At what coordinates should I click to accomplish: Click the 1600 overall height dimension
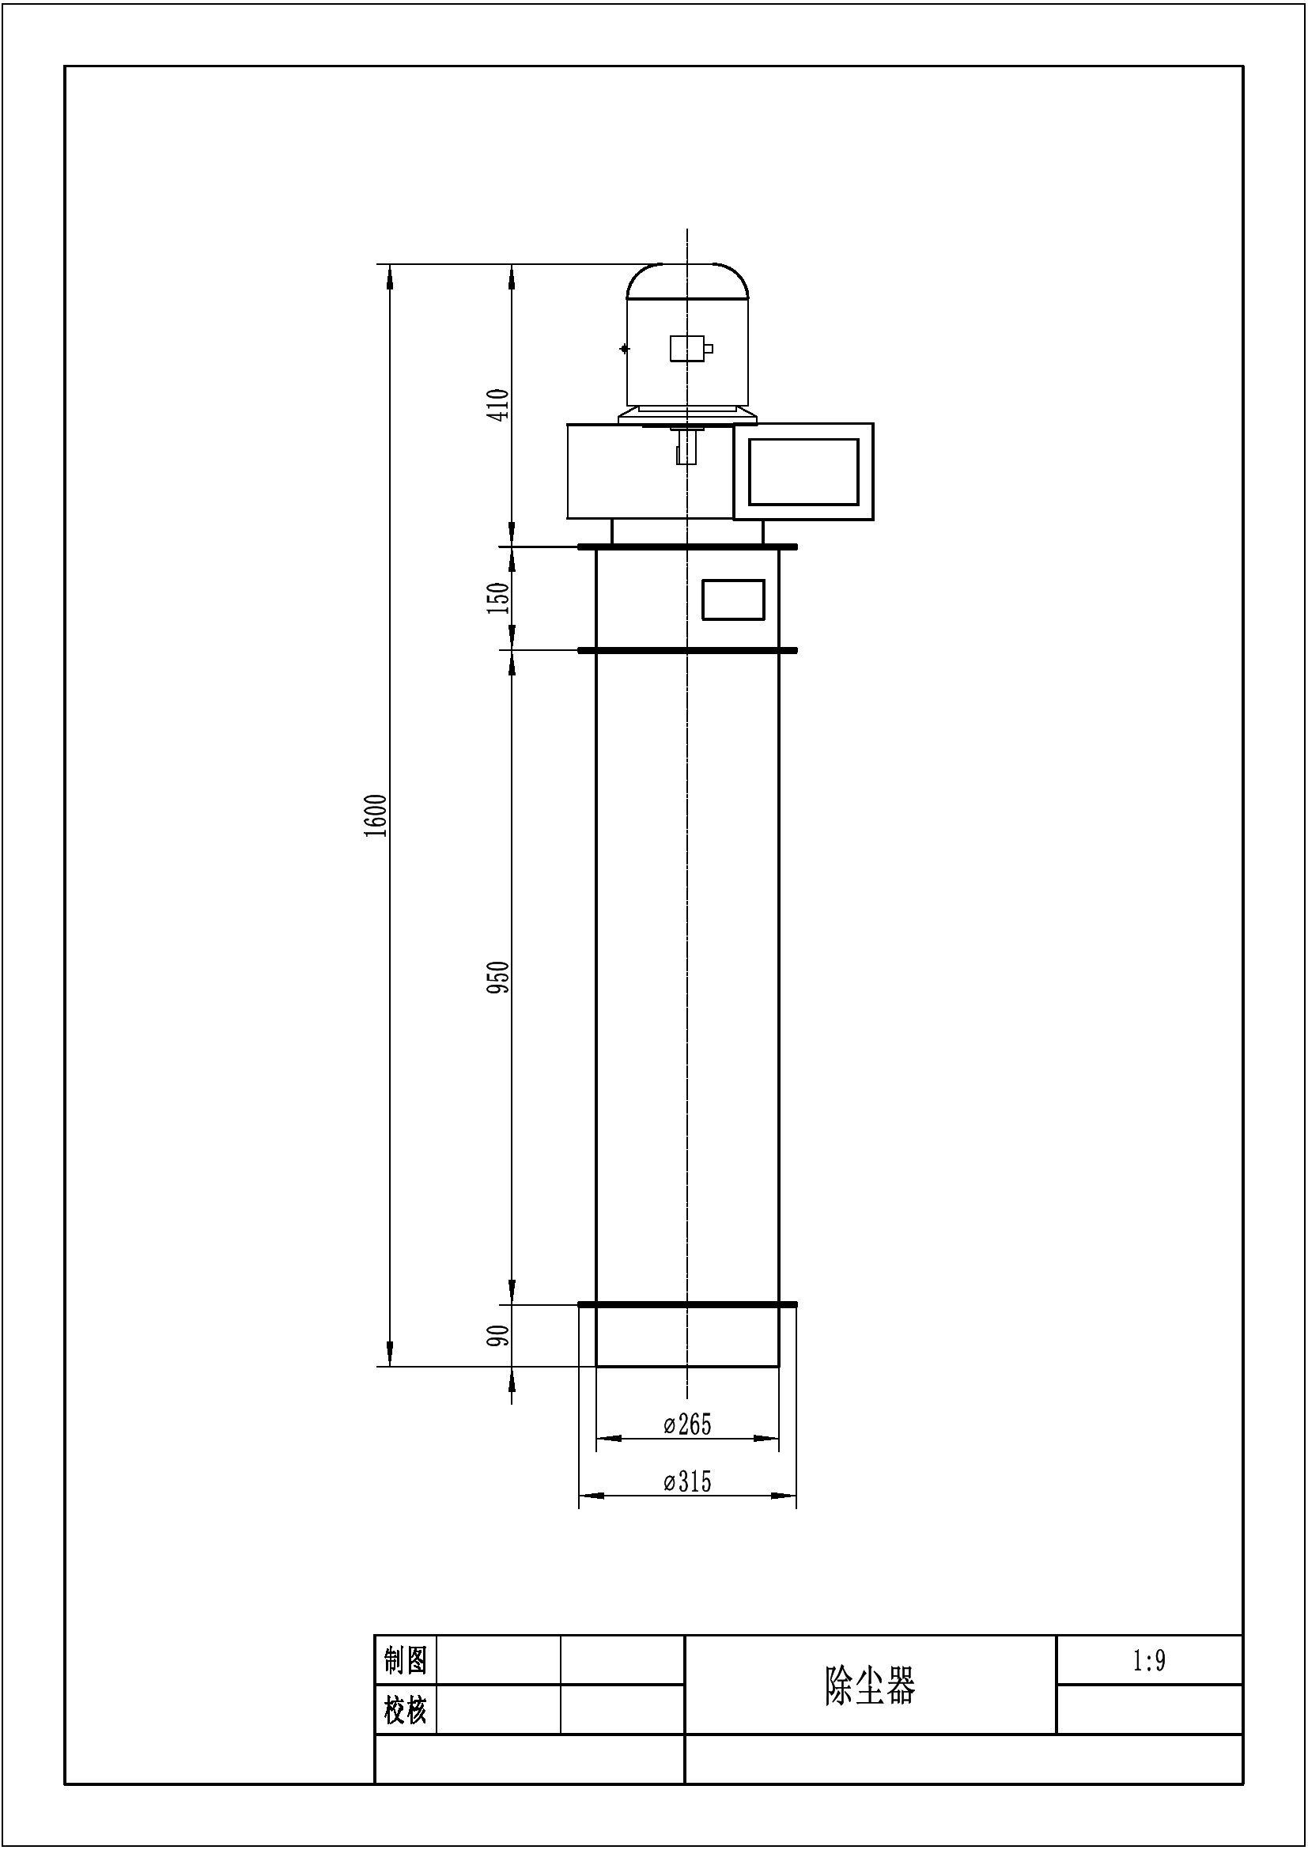(376, 816)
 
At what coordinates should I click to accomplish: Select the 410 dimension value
(498, 404)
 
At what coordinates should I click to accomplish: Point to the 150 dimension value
(498, 598)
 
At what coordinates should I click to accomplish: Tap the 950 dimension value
(498, 977)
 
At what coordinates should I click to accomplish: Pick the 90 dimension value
(498, 1335)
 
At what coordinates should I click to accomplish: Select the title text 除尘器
(870, 1685)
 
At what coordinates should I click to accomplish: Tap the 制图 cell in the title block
(405, 1660)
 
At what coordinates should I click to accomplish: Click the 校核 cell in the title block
(405, 1709)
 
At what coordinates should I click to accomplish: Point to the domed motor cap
(688, 281)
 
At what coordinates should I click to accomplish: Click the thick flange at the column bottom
(688, 1303)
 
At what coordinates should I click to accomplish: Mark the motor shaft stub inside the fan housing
(686, 446)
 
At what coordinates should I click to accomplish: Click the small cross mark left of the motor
(624, 349)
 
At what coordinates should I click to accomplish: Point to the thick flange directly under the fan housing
(688, 547)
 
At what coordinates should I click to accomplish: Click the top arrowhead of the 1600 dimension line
(390, 276)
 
